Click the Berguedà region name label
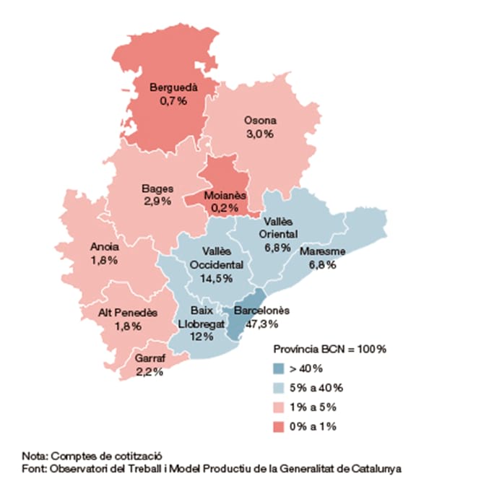point(173,87)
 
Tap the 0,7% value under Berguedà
point(173,101)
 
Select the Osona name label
point(260,121)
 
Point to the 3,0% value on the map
point(260,134)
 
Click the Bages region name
point(157,189)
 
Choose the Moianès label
point(225,195)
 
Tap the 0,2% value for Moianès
point(225,208)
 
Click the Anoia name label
point(105,246)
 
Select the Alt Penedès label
point(128,313)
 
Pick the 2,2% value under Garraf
point(150,372)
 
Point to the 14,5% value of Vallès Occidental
point(217,278)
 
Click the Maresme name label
point(322,251)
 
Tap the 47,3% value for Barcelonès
point(262,324)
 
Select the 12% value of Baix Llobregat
point(202,337)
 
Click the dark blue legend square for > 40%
point(279,368)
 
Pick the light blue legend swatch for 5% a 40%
point(279,388)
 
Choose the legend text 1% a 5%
point(313,407)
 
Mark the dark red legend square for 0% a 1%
point(279,427)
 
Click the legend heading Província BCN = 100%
point(330,349)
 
